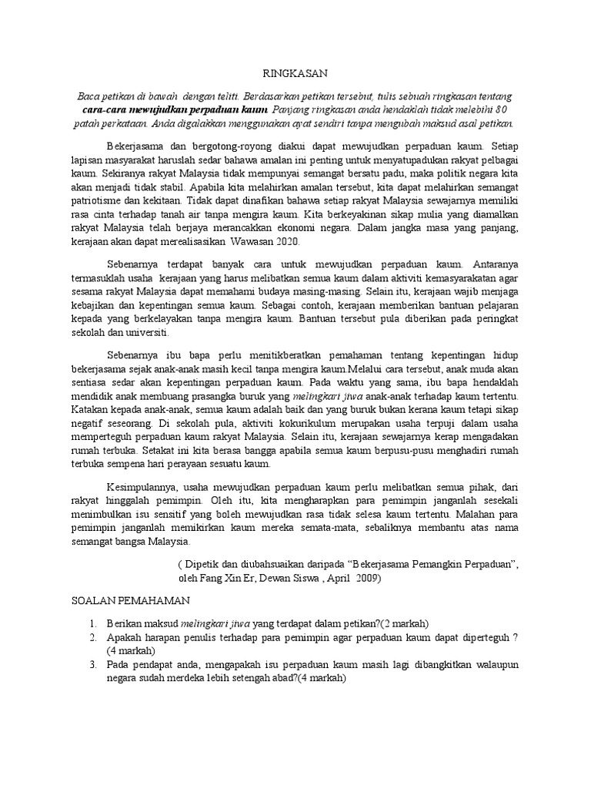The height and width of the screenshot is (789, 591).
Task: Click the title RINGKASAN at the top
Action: point(295,73)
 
